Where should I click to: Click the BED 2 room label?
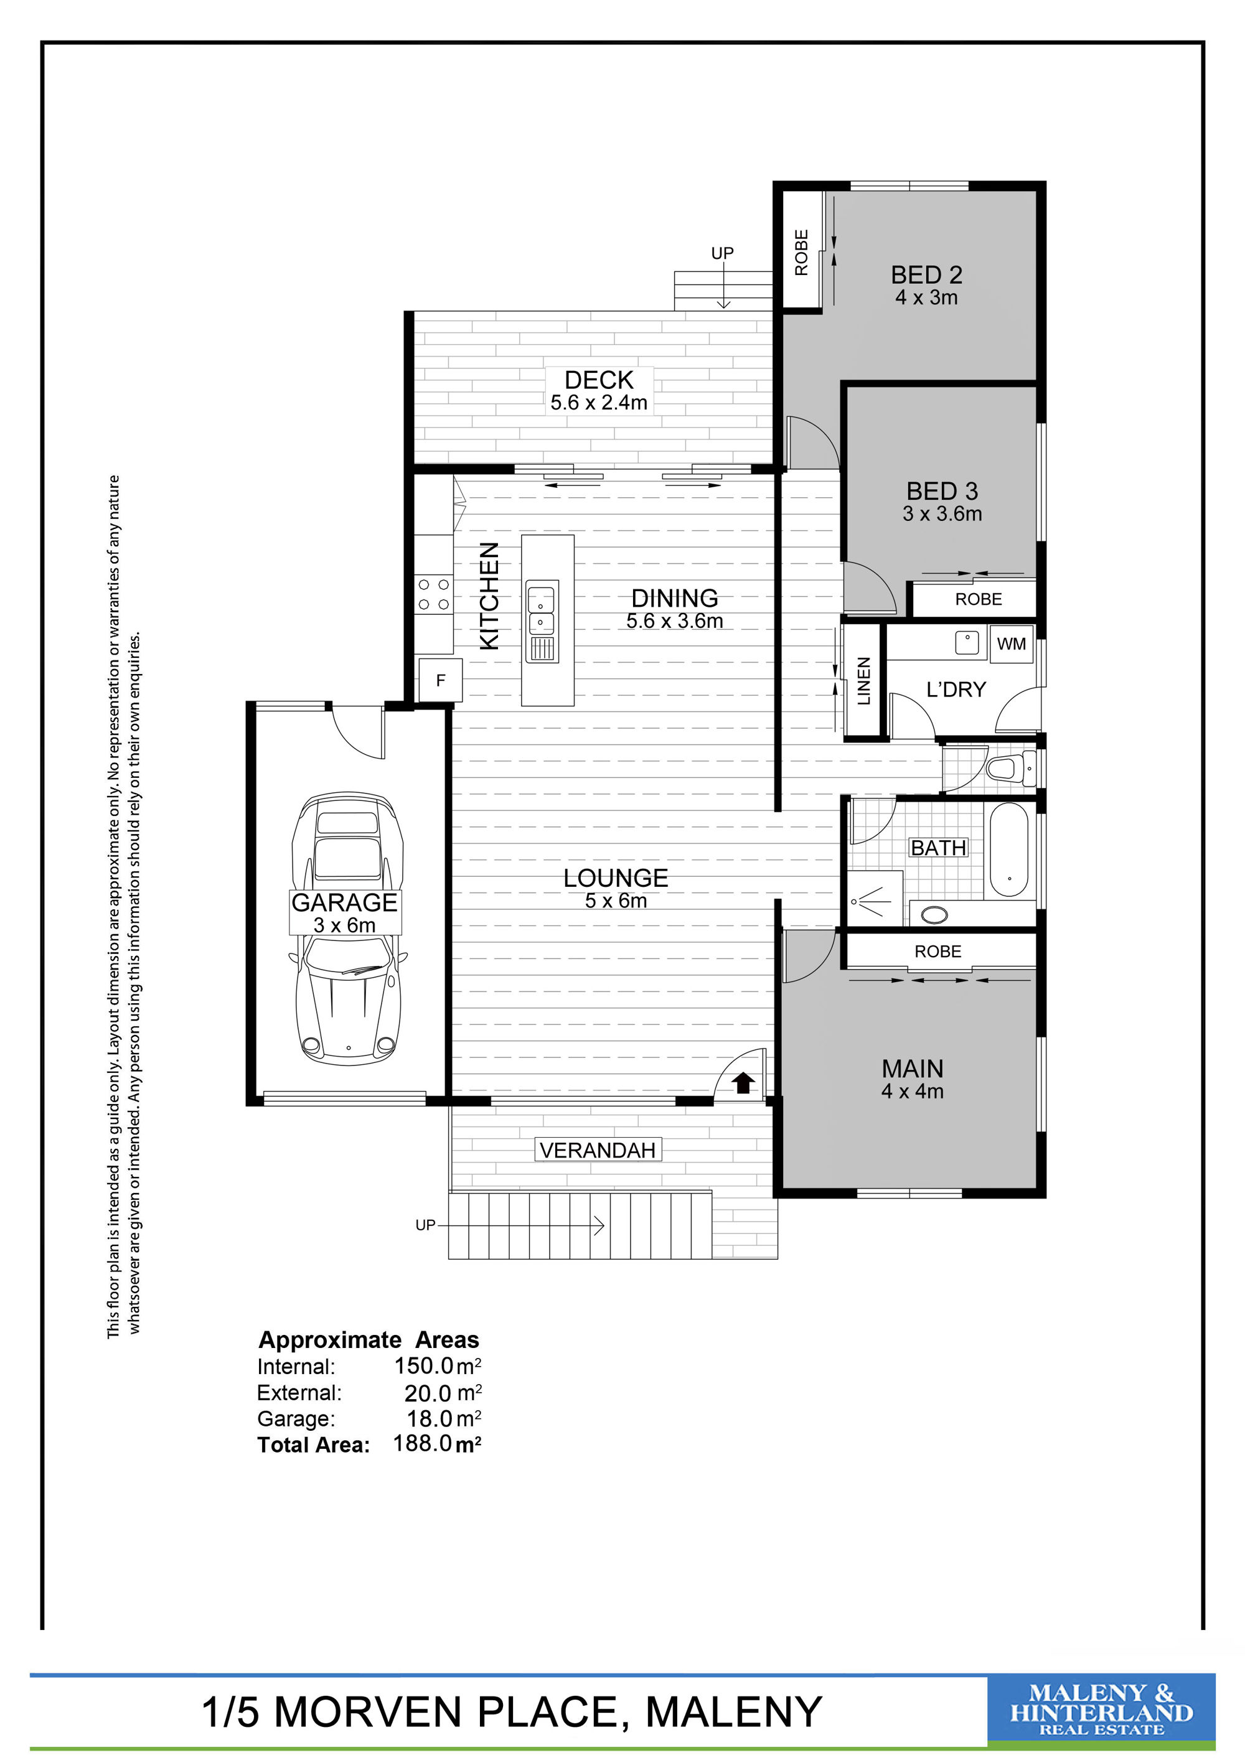pos(926,274)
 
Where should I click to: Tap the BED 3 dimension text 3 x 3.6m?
pos(942,513)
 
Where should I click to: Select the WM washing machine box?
pos(1011,644)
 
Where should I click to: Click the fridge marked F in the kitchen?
pos(440,680)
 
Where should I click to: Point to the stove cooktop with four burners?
pos(433,595)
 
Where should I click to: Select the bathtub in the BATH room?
pos(1009,850)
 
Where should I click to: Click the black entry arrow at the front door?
pos(744,1082)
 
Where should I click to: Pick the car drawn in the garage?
pos(348,929)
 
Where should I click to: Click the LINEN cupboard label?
pos(864,681)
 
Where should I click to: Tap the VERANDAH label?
pos(597,1150)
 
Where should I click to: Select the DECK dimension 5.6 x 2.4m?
pos(599,403)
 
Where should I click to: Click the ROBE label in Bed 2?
pos(801,253)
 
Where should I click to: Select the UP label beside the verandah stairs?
pos(425,1225)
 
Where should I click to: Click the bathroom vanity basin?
pos(934,914)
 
